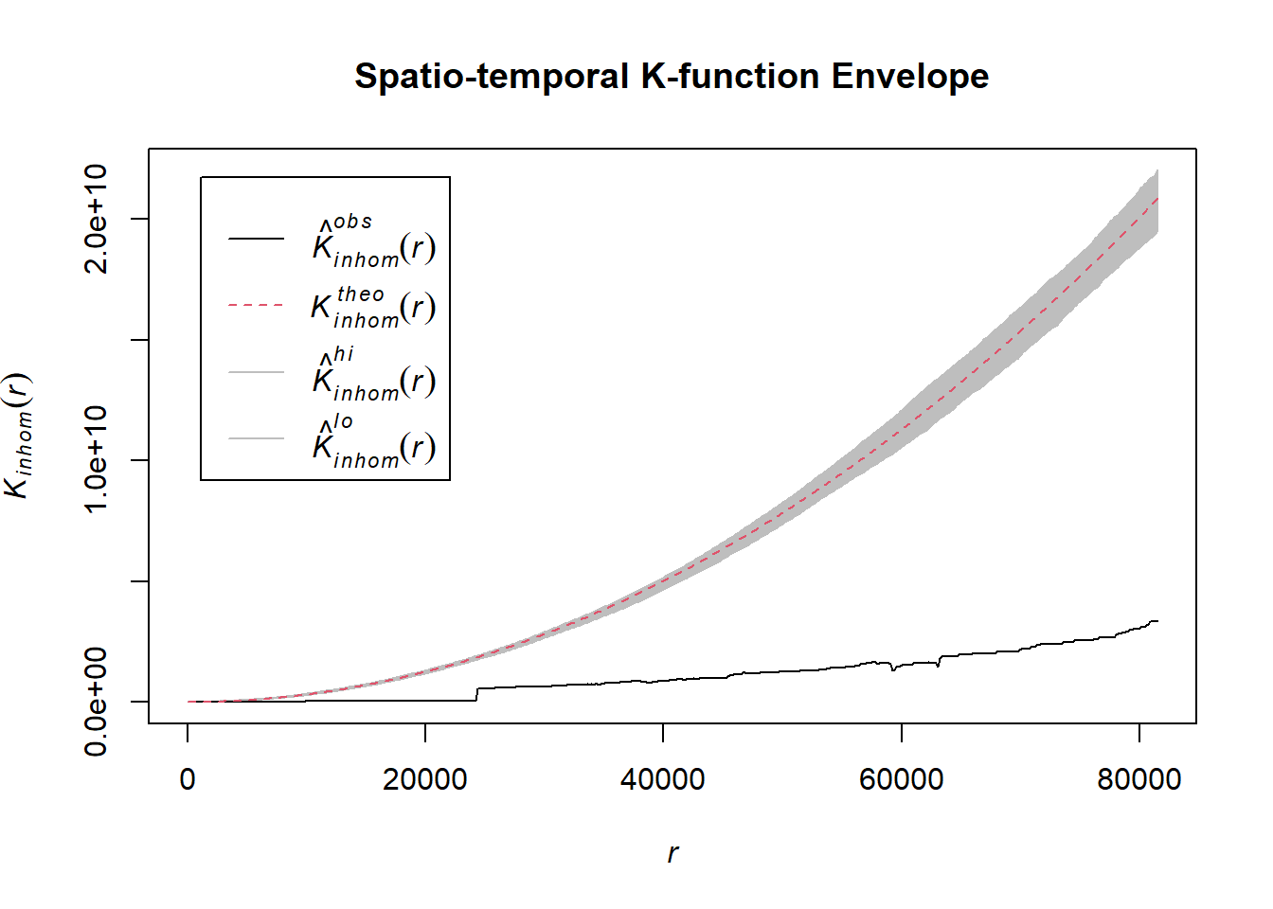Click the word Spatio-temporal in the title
coord(492,77)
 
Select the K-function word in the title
coord(730,77)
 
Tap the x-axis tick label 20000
coord(425,779)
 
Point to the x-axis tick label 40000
coord(663,779)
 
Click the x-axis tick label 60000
coord(901,779)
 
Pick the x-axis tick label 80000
coord(1139,779)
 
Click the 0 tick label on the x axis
coord(188,779)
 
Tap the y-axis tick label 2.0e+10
coord(97,219)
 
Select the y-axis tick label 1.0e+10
coord(97,460)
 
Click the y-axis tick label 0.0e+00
coord(97,702)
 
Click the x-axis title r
coord(672,853)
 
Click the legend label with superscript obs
coord(373,242)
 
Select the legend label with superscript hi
coord(373,375)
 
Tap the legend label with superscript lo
coord(373,441)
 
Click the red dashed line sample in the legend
coord(256,306)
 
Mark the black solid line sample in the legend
coord(256,239)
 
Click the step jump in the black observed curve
coord(476,694)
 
